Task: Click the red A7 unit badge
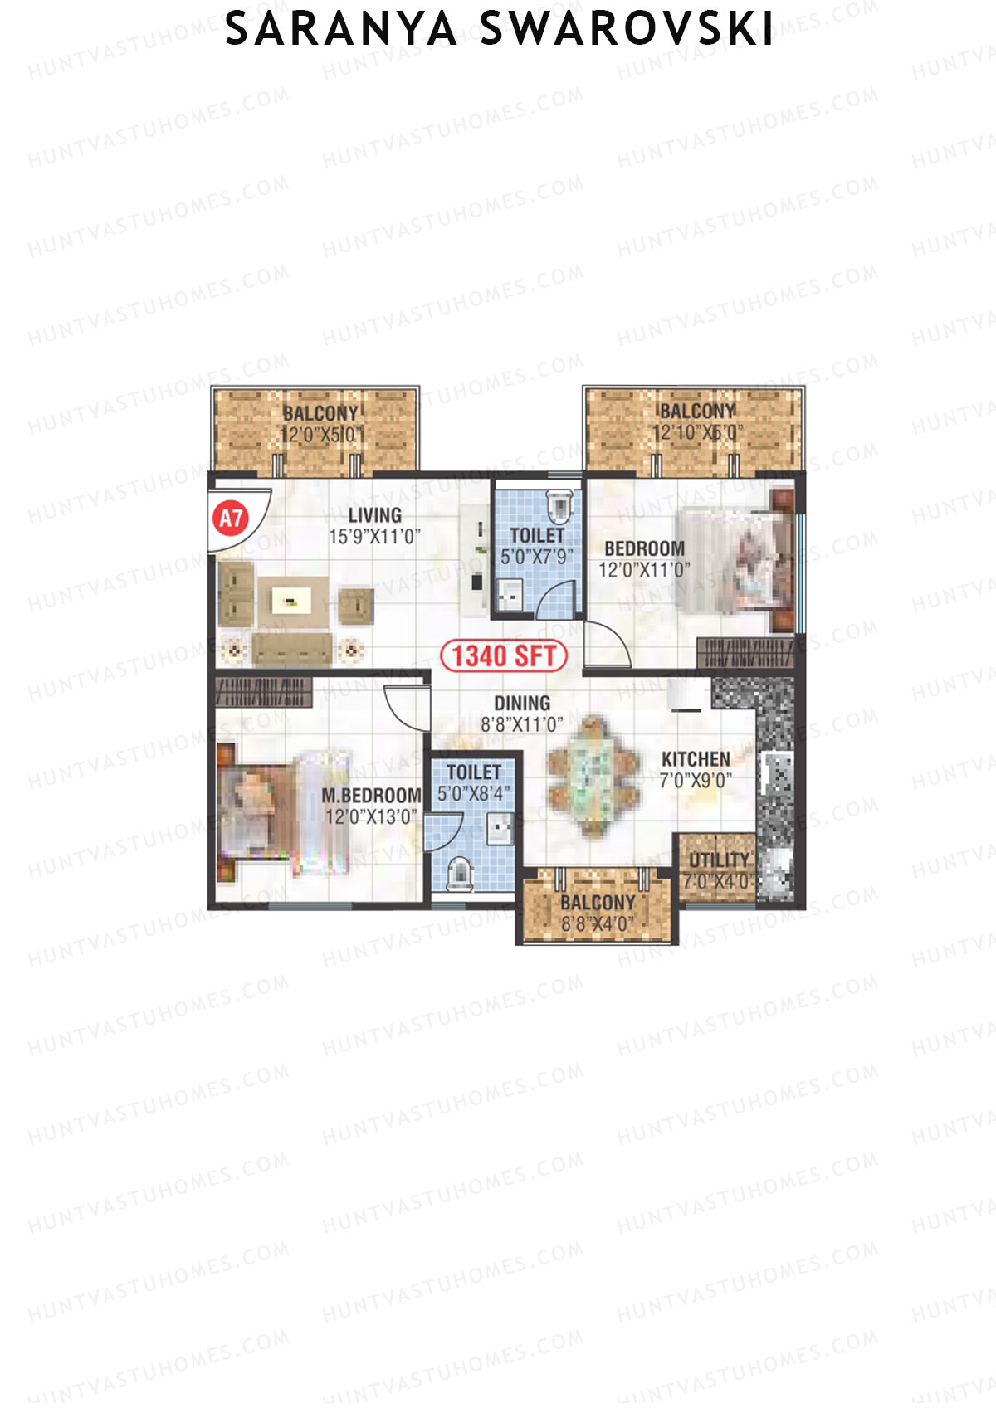coord(231,519)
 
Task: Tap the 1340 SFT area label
coord(504,656)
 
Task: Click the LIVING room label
coord(374,514)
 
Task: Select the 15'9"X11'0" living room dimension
coord(374,537)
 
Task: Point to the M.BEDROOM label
coord(371,796)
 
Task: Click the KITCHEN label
coord(696,759)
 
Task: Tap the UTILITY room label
coord(719,860)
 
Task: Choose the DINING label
coord(522,703)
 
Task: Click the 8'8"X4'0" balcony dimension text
coord(597,924)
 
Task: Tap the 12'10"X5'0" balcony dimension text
coord(697,433)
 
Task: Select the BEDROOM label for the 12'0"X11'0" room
coord(644,548)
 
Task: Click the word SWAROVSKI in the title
coord(627,31)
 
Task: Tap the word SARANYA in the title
coord(341,31)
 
